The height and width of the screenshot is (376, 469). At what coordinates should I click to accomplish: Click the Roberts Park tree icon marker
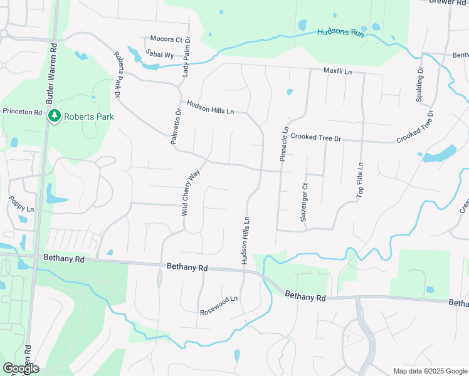(55, 116)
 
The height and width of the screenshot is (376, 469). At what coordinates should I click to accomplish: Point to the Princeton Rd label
(22, 112)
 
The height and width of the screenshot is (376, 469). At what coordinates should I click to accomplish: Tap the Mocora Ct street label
(166, 39)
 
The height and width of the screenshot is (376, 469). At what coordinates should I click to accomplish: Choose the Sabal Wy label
(159, 55)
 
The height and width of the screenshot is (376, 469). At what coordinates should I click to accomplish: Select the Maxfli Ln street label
(338, 72)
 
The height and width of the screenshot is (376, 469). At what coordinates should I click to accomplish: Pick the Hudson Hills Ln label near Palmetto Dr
(210, 107)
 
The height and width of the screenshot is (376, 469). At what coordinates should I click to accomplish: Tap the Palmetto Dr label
(176, 127)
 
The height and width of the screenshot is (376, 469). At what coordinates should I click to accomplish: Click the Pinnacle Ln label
(283, 144)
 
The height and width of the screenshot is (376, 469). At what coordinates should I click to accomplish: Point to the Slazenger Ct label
(304, 202)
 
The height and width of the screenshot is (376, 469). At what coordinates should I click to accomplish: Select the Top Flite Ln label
(360, 180)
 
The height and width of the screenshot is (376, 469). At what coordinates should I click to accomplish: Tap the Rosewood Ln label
(219, 306)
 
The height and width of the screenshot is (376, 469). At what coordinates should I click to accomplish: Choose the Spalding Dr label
(420, 78)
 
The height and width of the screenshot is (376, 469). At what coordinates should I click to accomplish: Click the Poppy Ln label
(21, 204)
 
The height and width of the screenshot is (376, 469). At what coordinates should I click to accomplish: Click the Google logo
(20, 368)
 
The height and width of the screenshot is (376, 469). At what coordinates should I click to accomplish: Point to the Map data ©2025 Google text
(429, 371)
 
